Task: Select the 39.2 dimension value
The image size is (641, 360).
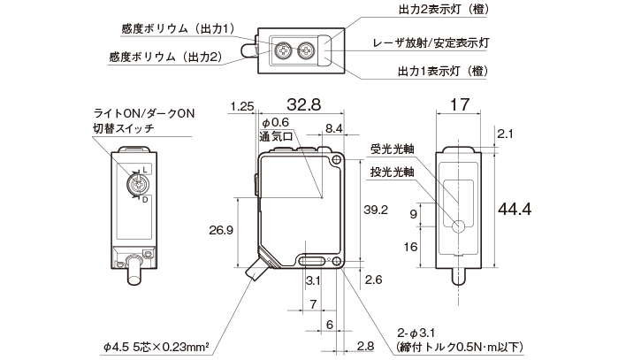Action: (377, 210)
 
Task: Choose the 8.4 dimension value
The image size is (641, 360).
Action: (335, 129)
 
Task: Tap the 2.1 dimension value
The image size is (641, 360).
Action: (505, 134)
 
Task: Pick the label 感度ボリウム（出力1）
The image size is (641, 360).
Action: (177, 29)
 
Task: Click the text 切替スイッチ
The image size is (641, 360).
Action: (124, 129)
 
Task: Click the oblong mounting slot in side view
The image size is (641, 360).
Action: (310, 262)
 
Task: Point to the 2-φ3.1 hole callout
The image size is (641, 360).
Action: (415, 332)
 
